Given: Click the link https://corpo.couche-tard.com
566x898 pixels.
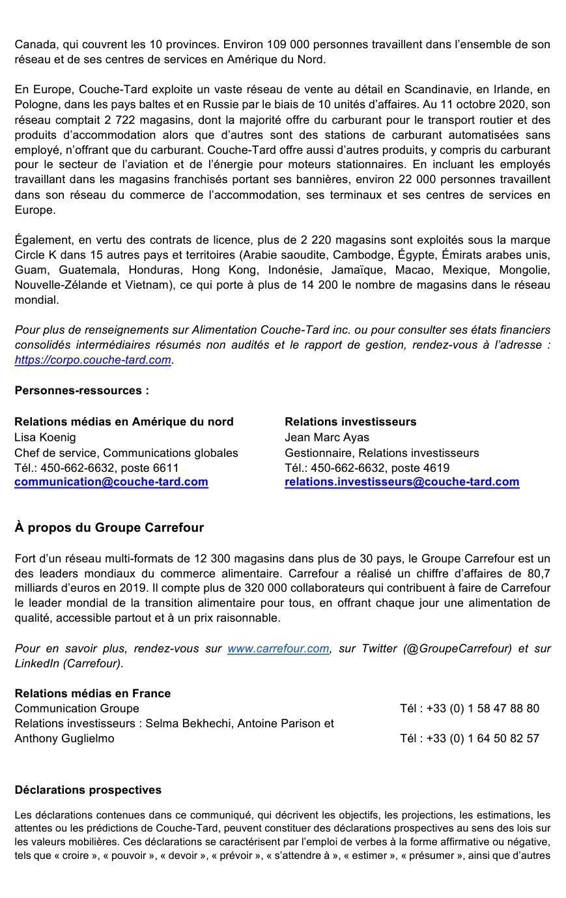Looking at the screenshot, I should click(92, 360).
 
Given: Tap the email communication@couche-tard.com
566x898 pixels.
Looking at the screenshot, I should click(111, 482).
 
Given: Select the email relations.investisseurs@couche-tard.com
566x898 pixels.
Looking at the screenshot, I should click(402, 482).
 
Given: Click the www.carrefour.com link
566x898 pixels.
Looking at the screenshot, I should click(278, 648).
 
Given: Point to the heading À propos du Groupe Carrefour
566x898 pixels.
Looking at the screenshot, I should click(109, 528).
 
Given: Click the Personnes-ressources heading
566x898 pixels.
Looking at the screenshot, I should click(81, 390).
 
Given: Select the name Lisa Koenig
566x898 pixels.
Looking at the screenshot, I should click(45, 437).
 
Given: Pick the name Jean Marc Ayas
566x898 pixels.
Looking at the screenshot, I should click(326, 437).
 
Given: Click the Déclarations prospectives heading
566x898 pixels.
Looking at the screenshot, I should click(88, 790).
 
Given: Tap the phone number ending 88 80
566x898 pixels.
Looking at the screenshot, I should click(483, 708).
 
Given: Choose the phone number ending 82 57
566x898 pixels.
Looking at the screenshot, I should click(483, 738).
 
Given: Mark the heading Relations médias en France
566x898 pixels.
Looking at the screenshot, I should click(92, 693).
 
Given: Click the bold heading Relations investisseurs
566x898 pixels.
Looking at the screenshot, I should click(350, 422).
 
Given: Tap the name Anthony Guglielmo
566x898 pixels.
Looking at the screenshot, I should click(64, 738).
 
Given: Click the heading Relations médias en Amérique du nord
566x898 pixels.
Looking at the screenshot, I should click(124, 422).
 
